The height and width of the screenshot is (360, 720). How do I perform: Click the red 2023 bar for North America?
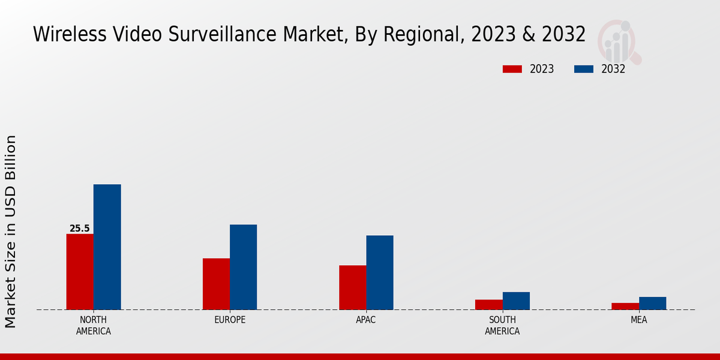point(80,272)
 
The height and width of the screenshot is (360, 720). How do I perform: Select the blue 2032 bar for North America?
point(107,247)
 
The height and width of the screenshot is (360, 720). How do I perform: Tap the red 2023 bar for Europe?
point(216,284)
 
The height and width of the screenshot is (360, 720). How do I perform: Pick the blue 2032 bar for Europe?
point(243,267)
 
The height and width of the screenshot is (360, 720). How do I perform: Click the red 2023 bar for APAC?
point(352,287)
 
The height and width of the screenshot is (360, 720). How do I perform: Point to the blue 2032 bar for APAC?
point(380,272)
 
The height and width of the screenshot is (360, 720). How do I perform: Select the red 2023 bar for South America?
point(489,305)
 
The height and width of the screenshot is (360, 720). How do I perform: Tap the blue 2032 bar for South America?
point(516,301)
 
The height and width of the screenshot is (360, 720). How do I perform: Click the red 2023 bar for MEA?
point(625,306)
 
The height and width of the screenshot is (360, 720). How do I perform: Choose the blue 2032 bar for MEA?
point(652,303)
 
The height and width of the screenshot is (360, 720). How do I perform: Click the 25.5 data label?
point(79,229)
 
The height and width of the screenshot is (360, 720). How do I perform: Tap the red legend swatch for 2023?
point(512,69)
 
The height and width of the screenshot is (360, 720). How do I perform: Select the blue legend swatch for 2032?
point(583,69)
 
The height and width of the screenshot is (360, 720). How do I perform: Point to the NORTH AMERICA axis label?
point(94,325)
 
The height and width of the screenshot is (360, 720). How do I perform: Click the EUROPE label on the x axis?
point(230,320)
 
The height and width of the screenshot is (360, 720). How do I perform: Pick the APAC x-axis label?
point(366,320)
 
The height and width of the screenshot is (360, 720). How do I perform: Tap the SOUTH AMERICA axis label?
point(502,325)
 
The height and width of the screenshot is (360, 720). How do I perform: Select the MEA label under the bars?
point(638,320)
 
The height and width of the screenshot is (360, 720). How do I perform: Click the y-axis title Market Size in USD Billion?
point(11,232)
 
